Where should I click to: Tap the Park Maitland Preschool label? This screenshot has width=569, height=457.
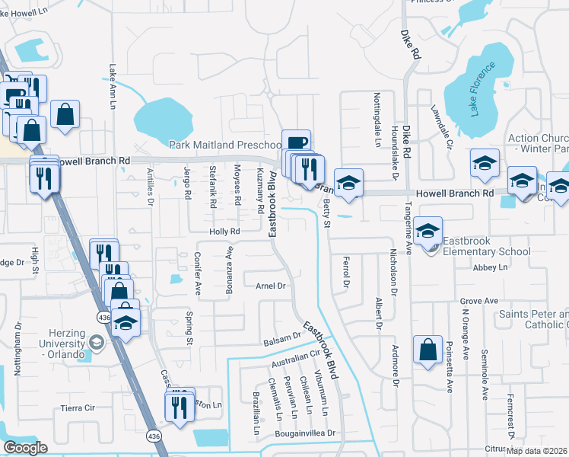225,145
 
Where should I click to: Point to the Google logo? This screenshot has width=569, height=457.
25,448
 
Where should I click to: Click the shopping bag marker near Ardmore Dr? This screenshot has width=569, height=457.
428,351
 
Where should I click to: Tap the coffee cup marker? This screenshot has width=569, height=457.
297,142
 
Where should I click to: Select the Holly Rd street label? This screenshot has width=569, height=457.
225,231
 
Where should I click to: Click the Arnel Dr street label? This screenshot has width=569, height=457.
270,286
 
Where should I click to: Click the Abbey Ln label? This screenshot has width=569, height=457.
490,267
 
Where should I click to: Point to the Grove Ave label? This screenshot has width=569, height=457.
478,301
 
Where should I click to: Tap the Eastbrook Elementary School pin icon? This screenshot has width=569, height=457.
429,232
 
